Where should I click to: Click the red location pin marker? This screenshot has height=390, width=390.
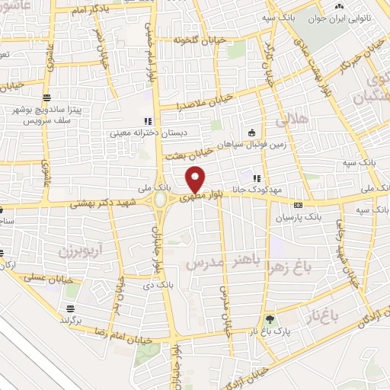pos(196,179)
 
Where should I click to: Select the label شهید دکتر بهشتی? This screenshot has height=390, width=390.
pos(102,203)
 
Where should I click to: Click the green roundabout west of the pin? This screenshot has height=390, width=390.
pos(161,200)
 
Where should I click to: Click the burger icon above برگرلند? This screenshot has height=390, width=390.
pos(70,308)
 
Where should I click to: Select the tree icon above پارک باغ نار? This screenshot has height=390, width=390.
pos(268,319)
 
